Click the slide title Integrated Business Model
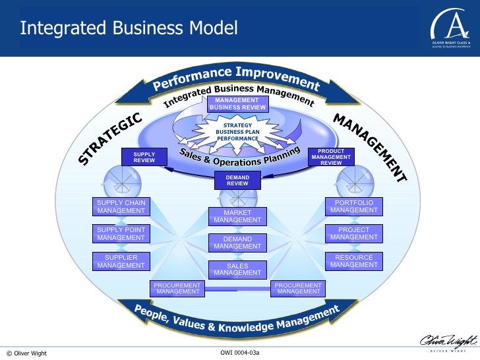click(129, 28)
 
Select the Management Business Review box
click(237, 104)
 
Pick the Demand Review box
click(237, 180)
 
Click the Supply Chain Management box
click(121, 206)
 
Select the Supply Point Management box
click(121, 233)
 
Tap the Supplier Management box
click(121, 261)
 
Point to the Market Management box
click(237, 216)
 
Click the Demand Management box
click(237, 243)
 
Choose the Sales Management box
click(237, 269)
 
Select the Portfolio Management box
click(354, 206)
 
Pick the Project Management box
click(354, 233)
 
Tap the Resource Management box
click(354, 261)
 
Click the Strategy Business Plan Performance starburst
click(238, 132)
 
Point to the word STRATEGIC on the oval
click(110, 138)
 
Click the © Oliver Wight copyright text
click(27, 353)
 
